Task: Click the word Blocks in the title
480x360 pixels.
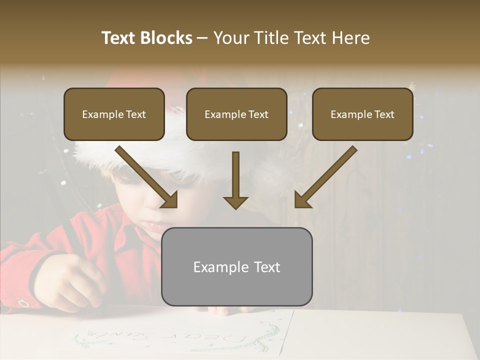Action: [x=166, y=38]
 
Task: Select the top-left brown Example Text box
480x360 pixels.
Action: [x=114, y=114]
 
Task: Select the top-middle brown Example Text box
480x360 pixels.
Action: [x=236, y=114]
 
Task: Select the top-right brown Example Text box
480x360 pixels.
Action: [x=362, y=114]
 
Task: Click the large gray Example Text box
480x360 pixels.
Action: [x=236, y=266]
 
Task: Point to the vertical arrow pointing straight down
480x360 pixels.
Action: [x=235, y=180]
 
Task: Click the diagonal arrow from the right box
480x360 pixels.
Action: [x=325, y=177]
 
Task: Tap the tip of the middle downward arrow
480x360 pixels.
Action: [x=235, y=207]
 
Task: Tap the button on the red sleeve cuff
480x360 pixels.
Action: [x=23, y=303]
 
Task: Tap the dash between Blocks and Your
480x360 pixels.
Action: [x=202, y=38]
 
